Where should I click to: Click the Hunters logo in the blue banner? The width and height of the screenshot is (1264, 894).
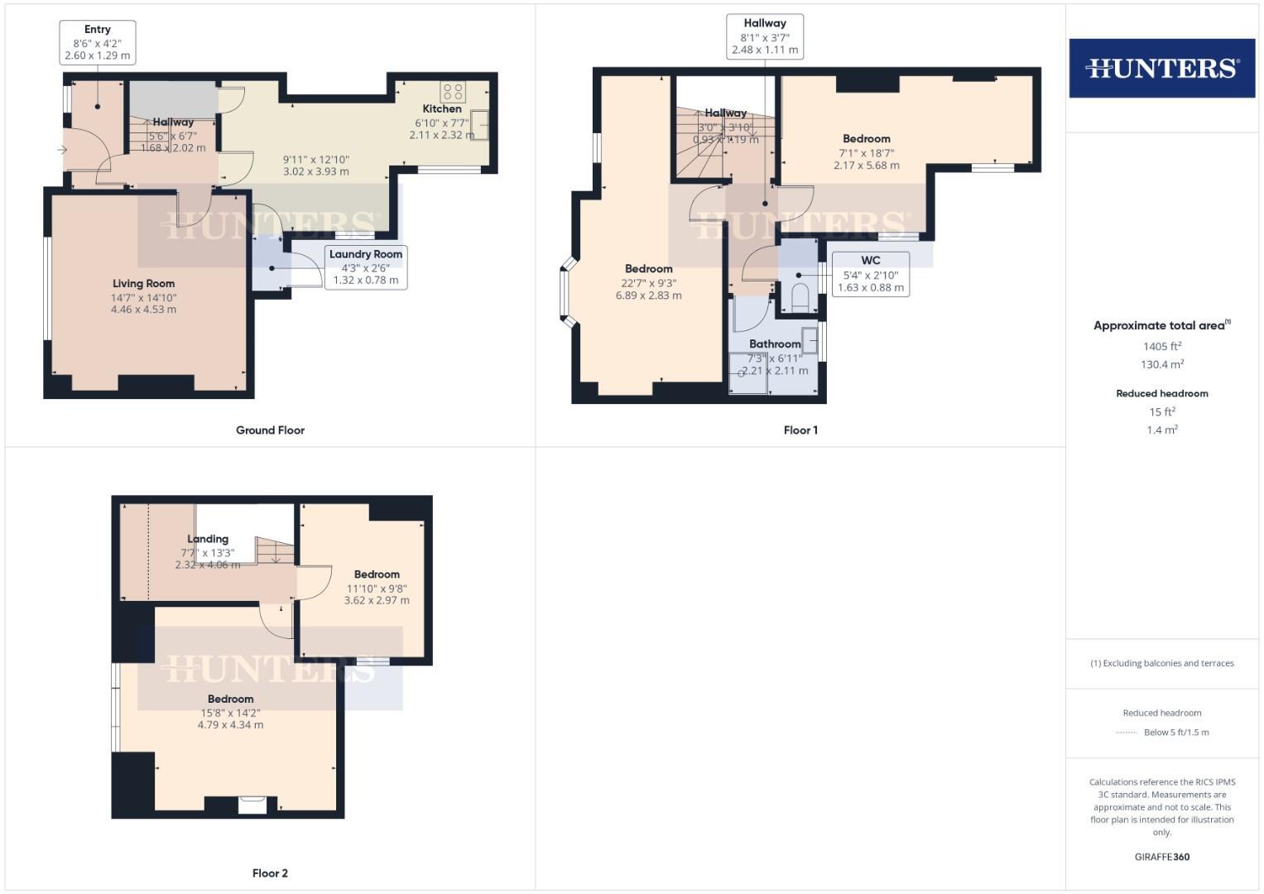click(1161, 68)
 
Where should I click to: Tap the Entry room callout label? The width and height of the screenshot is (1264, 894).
click(98, 42)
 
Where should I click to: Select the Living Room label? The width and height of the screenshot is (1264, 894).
click(143, 284)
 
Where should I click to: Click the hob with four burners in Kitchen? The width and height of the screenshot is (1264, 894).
click(453, 91)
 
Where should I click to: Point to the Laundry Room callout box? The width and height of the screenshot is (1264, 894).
click(365, 267)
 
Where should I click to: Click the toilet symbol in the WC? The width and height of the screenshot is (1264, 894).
click(800, 298)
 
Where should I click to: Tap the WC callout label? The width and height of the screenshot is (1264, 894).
click(870, 274)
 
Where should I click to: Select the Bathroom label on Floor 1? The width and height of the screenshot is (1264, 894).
click(775, 344)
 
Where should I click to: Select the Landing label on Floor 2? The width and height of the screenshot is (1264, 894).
click(208, 539)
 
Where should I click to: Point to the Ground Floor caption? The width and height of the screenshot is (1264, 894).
click(270, 430)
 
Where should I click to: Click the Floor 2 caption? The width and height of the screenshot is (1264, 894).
click(270, 873)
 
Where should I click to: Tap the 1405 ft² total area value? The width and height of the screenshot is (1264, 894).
click(1161, 347)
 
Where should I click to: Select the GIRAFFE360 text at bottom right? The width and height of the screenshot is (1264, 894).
click(1161, 857)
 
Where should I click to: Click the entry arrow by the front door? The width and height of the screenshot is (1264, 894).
click(62, 150)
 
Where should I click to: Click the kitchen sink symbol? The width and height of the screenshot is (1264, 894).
click(480, 125)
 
